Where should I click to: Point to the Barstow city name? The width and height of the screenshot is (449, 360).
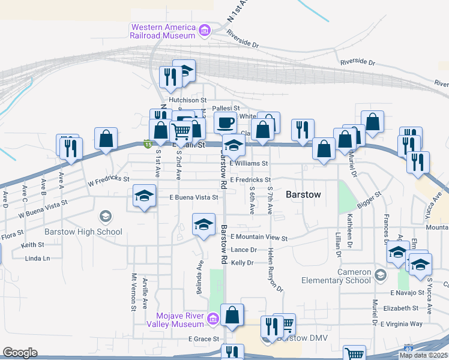pos(304,194)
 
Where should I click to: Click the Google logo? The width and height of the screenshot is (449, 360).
pos(20,353)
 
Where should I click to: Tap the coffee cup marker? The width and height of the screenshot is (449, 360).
pos(225,123)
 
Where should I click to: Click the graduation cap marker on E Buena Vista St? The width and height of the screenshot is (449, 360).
pos(144,196)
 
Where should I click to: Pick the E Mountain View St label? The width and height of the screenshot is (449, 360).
pos(259,238)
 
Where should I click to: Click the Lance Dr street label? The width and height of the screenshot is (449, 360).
pos(244,250)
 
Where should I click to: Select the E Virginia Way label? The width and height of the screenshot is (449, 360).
pos(402,324)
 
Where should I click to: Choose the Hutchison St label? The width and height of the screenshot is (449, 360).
pos(187,100)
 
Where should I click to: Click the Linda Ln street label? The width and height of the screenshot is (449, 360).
pos(38,258)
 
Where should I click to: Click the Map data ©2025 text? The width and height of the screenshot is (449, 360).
pos(423,355)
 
